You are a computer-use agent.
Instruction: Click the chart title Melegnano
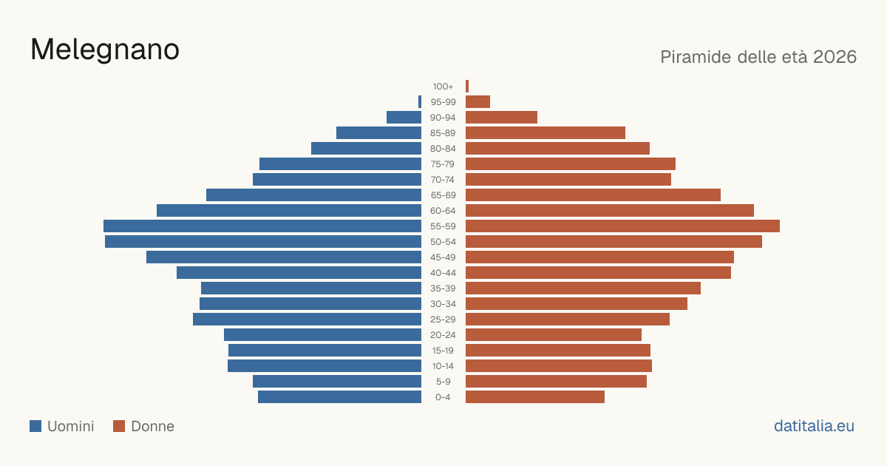105,50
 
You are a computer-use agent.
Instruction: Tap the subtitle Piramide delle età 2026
758,57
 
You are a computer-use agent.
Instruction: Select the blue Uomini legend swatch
35,426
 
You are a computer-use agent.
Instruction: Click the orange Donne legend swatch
119,426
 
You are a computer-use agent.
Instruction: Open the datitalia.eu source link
814,426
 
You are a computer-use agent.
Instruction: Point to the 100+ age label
443,87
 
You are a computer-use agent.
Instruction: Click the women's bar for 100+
467,87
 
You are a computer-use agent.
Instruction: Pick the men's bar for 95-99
420,102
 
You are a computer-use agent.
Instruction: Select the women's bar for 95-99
478,102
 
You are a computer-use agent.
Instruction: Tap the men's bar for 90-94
404,118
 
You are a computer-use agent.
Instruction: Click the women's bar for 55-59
622,226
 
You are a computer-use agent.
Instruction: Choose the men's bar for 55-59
262,226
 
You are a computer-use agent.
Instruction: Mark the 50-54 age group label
443,242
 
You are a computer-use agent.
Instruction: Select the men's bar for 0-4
340,397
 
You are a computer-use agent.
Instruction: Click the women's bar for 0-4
535,397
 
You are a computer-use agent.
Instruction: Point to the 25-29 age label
443,320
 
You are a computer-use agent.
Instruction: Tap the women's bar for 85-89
546,133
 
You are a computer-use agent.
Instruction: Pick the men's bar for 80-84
367,149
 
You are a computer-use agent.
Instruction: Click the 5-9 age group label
443,382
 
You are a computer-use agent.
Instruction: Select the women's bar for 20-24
554,335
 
